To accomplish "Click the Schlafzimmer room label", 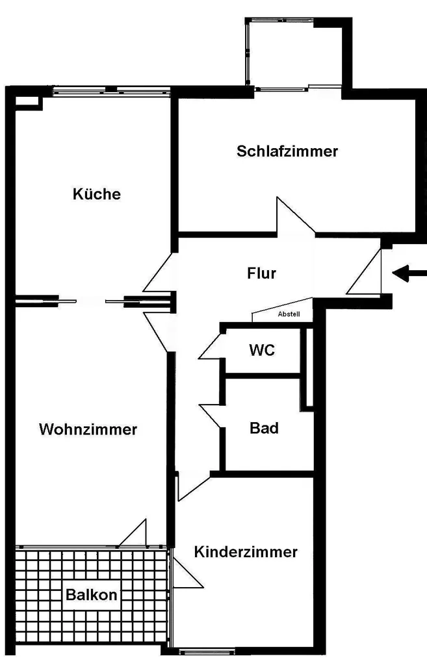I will coord(287,151).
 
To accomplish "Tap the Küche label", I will coord(97,194).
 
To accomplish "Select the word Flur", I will coord(262,273).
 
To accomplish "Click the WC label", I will coord(263,350).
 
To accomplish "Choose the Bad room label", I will coord(265,428).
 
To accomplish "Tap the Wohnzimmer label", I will coord(88,429).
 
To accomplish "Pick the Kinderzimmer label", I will coord(246,552).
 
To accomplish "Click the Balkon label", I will coord(91,595).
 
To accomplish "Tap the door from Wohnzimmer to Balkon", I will coord(135,534).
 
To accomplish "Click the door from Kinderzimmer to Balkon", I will coord(186,573).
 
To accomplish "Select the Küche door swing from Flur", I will coord(158,273).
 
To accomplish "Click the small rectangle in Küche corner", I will coord(27,101).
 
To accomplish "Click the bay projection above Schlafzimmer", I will coord(292,52).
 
